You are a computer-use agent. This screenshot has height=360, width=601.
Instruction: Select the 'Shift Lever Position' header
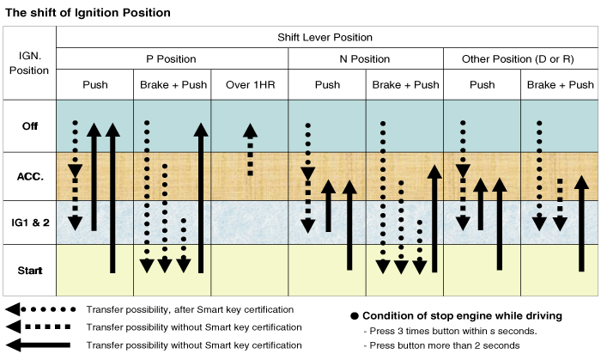pos(325,38)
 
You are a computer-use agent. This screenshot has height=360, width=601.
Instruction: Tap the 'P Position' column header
pos(172,59)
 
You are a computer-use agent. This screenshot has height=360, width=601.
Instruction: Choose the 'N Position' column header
pos(365,59)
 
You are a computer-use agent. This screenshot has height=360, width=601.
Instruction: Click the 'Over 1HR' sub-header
pos(249,85)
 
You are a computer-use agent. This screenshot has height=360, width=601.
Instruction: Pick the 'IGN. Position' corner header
pos(29,62)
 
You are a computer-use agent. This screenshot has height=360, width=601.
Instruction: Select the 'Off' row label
pos(30,126)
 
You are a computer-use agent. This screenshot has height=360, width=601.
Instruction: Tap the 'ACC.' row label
pos(30,176)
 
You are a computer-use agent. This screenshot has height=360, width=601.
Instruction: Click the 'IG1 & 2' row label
pos(30,223)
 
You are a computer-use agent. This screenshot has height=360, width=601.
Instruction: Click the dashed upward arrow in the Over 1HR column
pos(250,149)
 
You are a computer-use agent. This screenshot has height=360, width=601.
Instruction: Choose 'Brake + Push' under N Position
pos(404,85)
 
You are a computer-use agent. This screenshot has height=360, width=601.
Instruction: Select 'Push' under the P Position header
pos(95,85)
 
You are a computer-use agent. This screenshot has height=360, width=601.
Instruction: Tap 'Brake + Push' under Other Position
pos(560,85)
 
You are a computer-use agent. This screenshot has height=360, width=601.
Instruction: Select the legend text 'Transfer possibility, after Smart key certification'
pos(191,309)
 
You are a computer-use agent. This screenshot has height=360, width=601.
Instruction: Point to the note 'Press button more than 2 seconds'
pos(442,345)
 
